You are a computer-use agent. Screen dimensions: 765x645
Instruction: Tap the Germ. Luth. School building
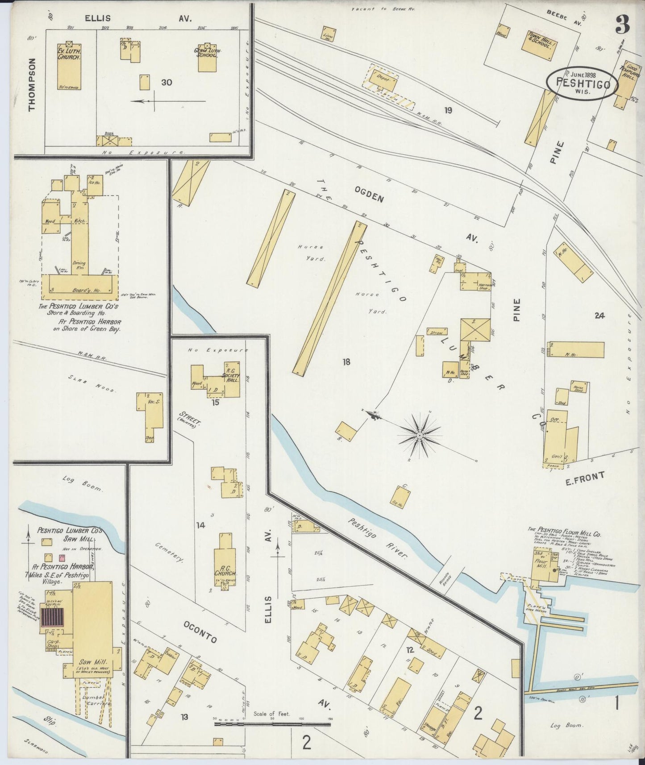(x=208, y=58)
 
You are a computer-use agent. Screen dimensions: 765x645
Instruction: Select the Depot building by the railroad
(x=383, y=79)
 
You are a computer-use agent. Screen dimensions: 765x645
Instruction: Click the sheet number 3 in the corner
(x=622, y=25)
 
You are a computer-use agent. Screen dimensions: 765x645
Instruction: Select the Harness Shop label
(x=484, y=287)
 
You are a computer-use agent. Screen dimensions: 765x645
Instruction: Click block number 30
(x=166, y=83)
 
